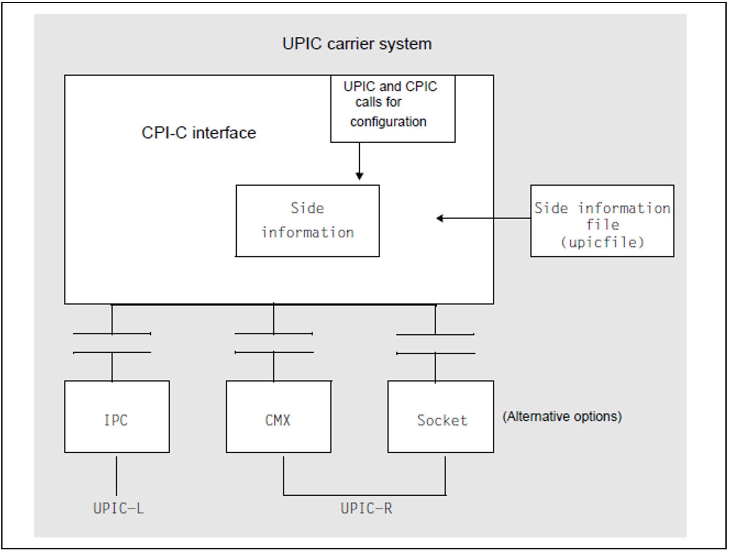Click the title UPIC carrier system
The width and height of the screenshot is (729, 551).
[357, 44]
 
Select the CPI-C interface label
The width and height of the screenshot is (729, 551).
[199, 133]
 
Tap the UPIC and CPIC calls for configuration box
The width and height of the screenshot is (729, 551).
[393, 109]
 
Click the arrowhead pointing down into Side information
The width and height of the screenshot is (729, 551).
[359, 176]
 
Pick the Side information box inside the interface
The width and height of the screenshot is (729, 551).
[307, 221]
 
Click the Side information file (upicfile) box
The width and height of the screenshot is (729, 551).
[602, 221]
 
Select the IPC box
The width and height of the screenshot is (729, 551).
[117, 416]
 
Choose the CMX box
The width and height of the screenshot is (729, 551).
[278, 416]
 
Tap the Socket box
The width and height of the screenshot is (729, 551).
[440, 416]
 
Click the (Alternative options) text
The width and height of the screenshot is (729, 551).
[562, 416]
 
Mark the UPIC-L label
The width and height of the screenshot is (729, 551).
[118, 508]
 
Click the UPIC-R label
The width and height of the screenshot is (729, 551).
[366, 508]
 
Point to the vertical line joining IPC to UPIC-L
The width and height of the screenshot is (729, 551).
[116, 476]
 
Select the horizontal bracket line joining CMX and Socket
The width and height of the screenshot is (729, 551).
[364, 495]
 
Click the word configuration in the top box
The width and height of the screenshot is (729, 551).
[388, 122]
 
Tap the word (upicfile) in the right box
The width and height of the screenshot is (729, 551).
[602, 242]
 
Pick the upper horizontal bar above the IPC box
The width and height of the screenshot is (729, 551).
[112, 334]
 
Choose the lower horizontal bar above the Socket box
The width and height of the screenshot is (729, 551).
[436, 353]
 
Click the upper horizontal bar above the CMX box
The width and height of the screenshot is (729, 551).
[273, 334]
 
